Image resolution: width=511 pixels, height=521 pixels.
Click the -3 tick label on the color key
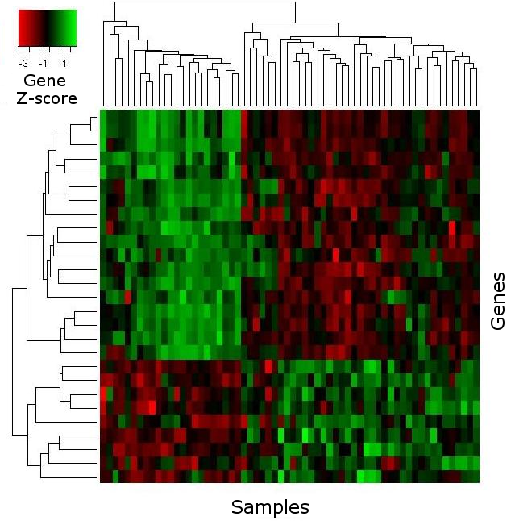[23, 63]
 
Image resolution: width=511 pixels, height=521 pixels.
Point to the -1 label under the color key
[44, 63]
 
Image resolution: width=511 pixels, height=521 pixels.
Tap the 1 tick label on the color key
[64, 63]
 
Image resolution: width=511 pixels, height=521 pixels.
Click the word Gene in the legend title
[45, 81]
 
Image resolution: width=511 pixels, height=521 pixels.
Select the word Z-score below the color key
[47, 98]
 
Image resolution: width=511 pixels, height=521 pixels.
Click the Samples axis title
[270, 507]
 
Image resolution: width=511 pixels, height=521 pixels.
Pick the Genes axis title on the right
[498, 301]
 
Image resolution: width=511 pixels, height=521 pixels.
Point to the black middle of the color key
[48, 28]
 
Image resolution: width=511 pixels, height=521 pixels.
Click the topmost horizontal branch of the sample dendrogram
[205, 2]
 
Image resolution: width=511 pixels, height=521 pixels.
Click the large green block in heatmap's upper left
[171, 234]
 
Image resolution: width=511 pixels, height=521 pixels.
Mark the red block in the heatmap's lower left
[171, 421]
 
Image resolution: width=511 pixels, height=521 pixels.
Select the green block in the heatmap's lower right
[360, 421]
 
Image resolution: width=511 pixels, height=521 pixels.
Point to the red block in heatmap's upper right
[360, 234]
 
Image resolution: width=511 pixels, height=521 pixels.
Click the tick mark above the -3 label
[19, 49]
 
